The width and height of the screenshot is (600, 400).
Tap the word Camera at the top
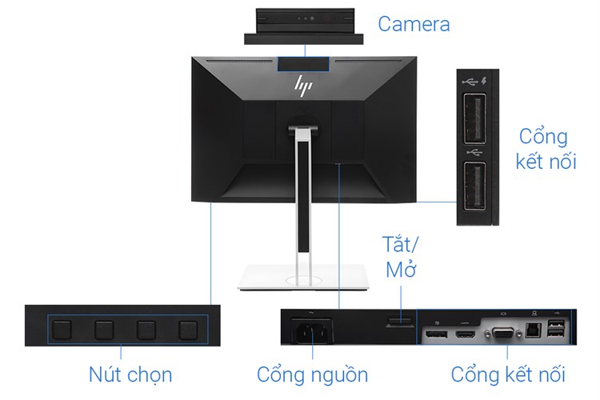click(x=414, y=24)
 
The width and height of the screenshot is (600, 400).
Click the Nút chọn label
click(x=130, y=374)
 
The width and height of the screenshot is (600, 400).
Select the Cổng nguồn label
click(x=312, y=374)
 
